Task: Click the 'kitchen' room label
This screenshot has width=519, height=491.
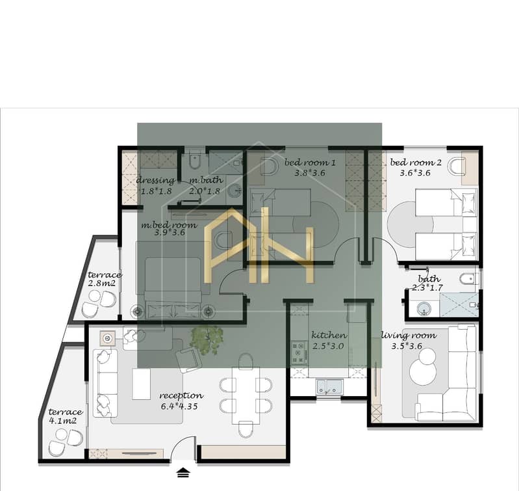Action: point(329,335)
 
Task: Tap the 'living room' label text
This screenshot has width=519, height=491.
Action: point(409,336)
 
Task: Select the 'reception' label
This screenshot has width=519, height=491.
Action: point(181,395)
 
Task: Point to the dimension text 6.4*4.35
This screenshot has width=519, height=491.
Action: point(179,406)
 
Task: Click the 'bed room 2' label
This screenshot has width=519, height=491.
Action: point(416,163)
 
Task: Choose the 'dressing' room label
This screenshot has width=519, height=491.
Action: point(155,181)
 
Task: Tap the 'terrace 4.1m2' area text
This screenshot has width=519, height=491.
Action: point(65,416)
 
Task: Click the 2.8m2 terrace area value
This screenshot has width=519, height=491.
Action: point(101,284)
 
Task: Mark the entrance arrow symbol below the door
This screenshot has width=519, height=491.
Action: point(183,473)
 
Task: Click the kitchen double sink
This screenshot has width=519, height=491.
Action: point(329,387)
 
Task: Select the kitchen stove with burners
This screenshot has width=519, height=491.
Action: point(299,353)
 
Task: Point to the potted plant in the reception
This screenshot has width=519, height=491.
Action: point(207,339)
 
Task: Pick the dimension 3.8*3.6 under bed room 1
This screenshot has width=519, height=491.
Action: point(310,172)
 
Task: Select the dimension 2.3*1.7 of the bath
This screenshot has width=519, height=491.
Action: point(427,287)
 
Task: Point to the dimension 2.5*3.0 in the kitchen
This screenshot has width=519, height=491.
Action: point(328,346)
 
